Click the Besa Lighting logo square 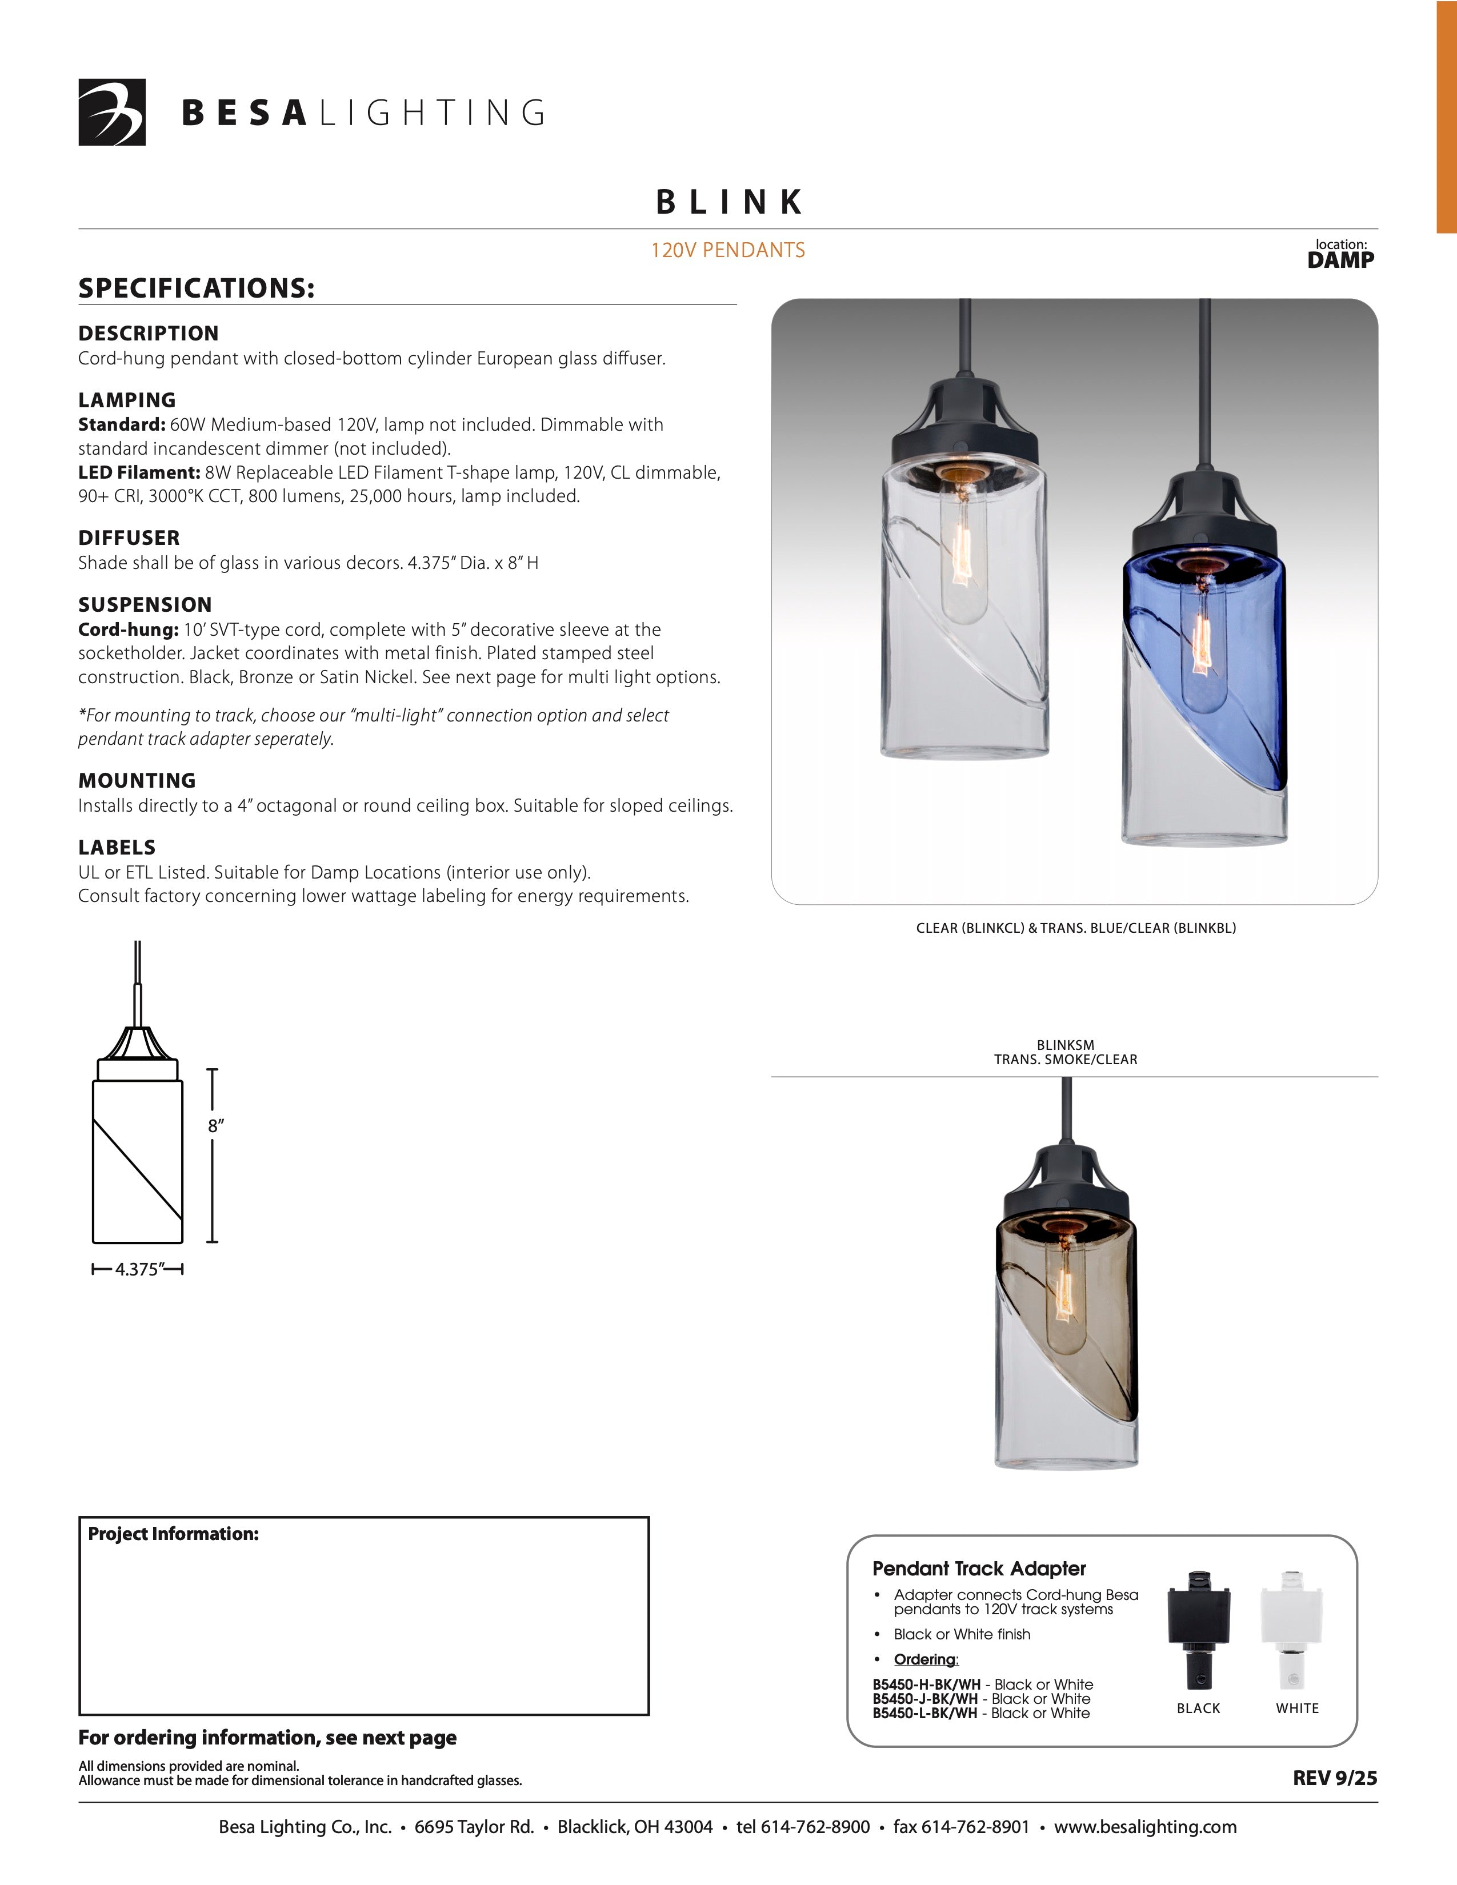[x=112, y=112]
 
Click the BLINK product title [x=730, y=202]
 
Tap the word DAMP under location [x=1340, y=260]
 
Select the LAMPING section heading [x=127, y=400]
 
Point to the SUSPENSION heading [x=145, y=604]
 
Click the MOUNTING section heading [x=137, y=780]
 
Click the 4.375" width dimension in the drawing [x=137, y=1270]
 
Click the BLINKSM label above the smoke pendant [x=1065, y=1044]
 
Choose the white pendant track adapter [x=1292, y=1630]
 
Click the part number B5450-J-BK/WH [x=925, y=1699]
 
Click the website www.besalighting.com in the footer [x=1146, y=1827]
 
